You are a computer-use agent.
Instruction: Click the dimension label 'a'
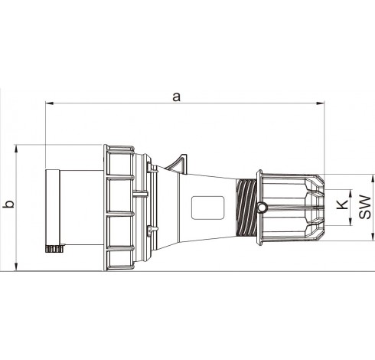coord(176,97)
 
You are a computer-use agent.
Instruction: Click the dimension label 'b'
coord(10,204)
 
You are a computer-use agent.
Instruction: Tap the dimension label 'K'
coord(342,205)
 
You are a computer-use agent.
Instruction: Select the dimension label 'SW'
coord(365,207)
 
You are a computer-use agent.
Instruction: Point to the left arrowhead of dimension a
coord(49,103)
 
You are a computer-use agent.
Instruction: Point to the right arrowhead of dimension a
coord(321,103)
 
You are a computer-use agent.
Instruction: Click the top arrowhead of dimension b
coord(17,149)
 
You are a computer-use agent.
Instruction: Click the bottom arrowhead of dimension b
coord(17,267)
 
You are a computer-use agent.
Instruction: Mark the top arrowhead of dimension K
coord(351,194)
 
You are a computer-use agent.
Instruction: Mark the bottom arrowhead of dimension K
coord(351,222)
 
